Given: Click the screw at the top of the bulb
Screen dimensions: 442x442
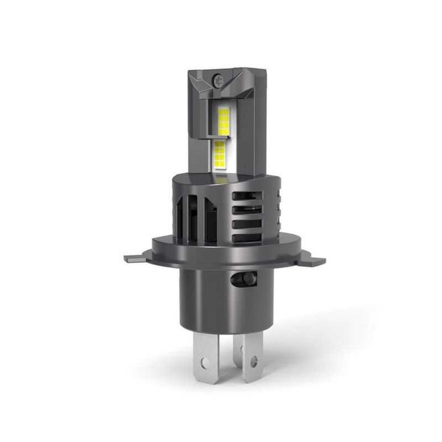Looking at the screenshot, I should (217, 81).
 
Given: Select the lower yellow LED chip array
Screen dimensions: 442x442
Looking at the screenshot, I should (220, 155).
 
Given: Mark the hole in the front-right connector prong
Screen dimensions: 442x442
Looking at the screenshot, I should (253, 362).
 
